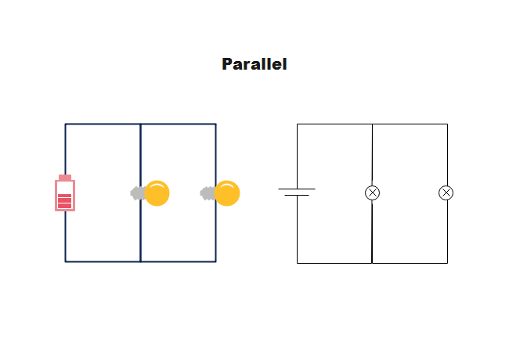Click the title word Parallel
(254, 64)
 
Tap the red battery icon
(65, 194)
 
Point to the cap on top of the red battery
(65, 177)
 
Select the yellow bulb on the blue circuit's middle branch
(157, 193)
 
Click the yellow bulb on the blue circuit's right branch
(227, 193)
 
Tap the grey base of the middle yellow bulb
(137, 193)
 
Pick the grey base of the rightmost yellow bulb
(208, 193)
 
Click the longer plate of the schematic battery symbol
(297, 189)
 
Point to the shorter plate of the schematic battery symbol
(297, 195)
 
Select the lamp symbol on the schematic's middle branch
(372, 193)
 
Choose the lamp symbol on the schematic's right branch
(446, 193)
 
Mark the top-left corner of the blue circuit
(66, 124)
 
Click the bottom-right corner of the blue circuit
(215, 261)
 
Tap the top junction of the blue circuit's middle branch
(141, 124)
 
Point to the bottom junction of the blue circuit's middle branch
(141, 261)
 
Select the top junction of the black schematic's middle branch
(372, 124)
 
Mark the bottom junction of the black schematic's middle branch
(372, 263)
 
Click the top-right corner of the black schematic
(447, 124)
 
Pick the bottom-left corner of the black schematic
(297, 263)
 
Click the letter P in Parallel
(227, 64)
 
